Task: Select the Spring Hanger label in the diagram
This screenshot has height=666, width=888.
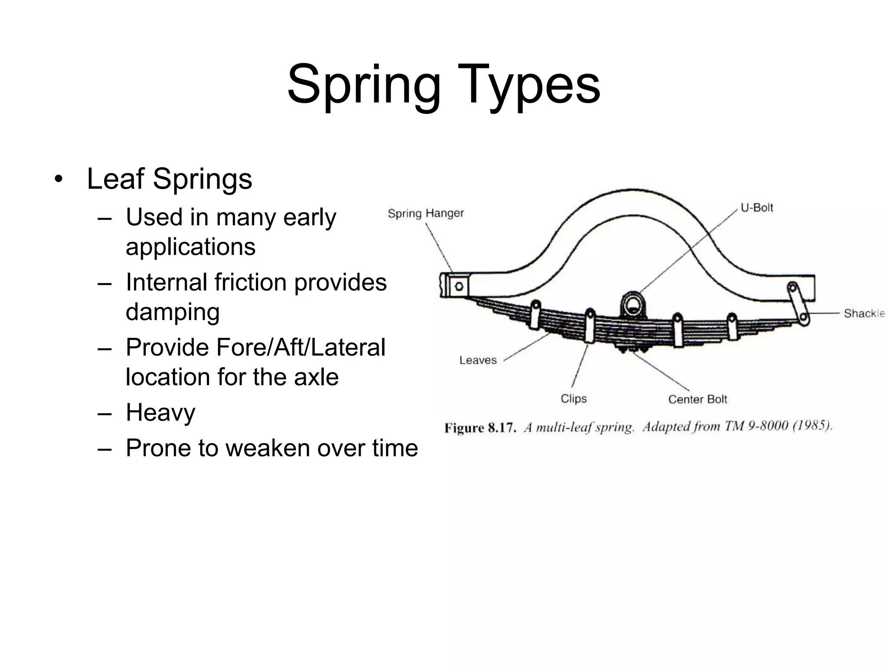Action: (x=425, y=213)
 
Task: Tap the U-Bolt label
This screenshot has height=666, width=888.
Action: (x=757, y=208)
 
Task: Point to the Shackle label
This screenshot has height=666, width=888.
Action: (x=864, y=313)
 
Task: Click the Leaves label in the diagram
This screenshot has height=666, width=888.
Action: (x=478, y=360)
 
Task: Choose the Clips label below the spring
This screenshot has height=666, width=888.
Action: (x=573, y=398)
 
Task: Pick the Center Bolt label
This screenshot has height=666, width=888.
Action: (x=697, y=399)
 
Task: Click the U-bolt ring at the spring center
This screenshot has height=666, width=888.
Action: (x=633, y=303)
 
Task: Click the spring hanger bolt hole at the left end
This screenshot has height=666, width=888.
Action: (x=459, y=286)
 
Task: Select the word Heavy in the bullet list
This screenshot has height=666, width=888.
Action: (x=160, y=412)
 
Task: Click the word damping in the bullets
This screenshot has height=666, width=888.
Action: (x=173, y=311)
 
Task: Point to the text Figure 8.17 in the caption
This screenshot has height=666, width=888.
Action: (x=480, y=428)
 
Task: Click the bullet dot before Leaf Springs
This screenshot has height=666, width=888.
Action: (x=59, y=179)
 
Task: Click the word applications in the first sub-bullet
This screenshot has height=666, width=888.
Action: (x=190, y=247)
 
